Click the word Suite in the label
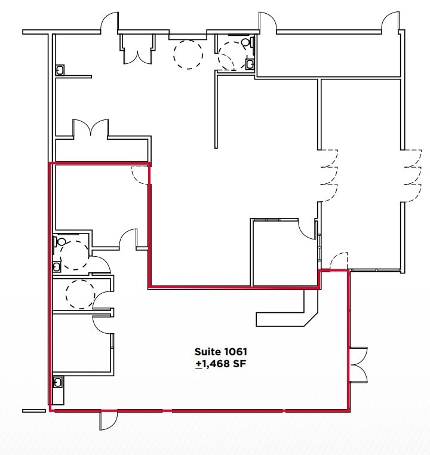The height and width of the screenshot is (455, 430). pyautogui.click(x=207, y=352)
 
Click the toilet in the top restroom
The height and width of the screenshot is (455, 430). pyautogui.click(x=250, y=43)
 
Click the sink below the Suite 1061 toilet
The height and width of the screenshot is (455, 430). pyautogui.click(x=57, y=266)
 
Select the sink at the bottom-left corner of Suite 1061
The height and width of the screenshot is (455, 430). pyautogui.click(x=58, y=382)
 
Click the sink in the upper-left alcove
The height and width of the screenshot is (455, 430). pyautogui.click(x=60, y=69)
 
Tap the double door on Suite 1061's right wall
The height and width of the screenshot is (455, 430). pyautogui.click(x=358, y=364)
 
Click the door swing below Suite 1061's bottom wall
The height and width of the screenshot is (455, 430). pyautogui.click(x=107, y=420)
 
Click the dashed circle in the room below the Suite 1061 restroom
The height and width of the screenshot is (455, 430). pyautogui.click(x=79, y=293)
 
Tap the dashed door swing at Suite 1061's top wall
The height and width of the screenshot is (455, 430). pyautogui.click(x=140, y=175)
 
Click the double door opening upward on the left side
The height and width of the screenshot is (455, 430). pyautogui.click(x=90, y=128)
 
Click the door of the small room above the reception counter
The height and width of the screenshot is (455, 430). pyautogui.click(x=308, y=229)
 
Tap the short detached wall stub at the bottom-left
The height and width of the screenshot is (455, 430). pyautogui.click(x=33, y=410)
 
